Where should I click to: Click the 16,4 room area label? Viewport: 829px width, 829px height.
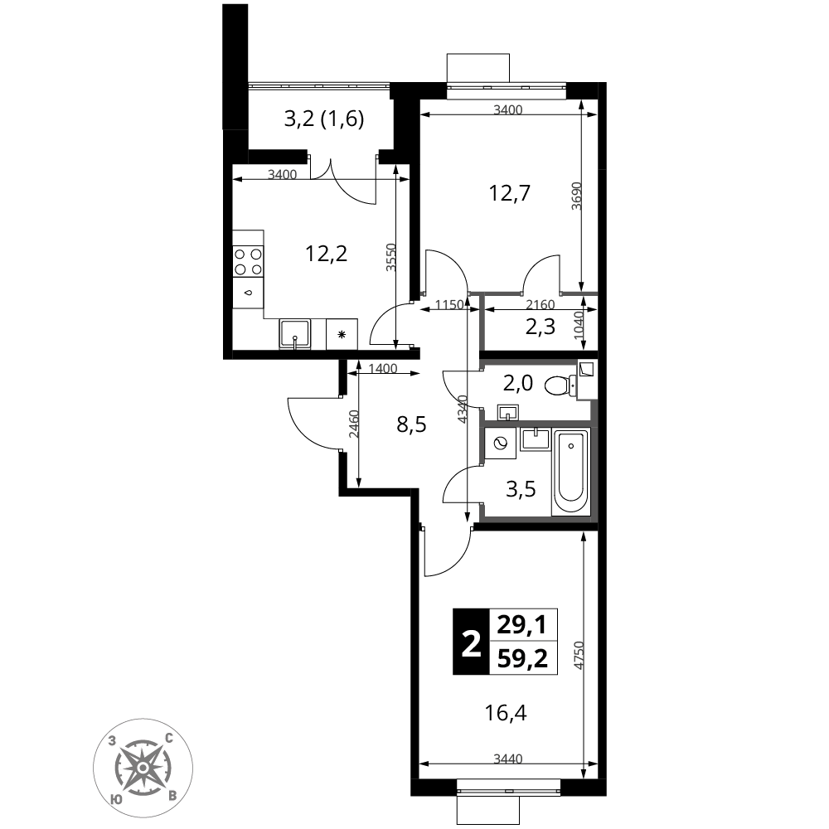point(506,714)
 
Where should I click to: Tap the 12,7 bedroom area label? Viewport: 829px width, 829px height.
point(509,193)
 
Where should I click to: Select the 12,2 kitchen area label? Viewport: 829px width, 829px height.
point(326,254)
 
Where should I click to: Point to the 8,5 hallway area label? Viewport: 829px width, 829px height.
point(411,424)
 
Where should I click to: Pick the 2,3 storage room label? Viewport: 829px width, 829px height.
point(541,327)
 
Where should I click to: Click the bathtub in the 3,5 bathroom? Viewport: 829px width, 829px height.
point(571,473)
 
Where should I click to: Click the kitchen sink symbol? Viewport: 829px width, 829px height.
point(295,334)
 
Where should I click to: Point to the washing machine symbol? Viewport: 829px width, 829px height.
point(500,443)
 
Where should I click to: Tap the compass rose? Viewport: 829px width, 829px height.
point(143,768)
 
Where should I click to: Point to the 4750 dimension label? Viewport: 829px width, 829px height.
point(579,656)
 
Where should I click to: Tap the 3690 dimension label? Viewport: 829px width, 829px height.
point(576,196)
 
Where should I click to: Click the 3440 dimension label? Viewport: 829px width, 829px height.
point(507,759)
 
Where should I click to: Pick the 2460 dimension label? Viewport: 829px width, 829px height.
point(354,424)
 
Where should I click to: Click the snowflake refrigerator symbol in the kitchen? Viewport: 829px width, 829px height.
point(342,334)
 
